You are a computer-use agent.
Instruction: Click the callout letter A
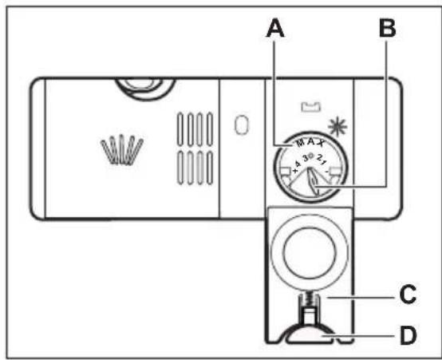[275, 28]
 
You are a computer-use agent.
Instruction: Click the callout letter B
[387, 28]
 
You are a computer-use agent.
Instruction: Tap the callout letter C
[408, 295]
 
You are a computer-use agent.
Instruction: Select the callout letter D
[408, 335]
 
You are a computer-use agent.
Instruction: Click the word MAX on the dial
[310, 143]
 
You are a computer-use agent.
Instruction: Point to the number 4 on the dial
[298, 164]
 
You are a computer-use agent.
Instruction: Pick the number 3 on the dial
[306, 157]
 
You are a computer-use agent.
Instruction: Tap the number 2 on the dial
[320, 157]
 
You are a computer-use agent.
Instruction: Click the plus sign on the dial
[294, 170]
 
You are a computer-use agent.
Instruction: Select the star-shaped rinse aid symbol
[337, 127]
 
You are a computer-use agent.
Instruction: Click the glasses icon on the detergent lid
[122, 149]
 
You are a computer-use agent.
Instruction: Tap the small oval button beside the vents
[242, 125]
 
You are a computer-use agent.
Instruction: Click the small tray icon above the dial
[311, 107]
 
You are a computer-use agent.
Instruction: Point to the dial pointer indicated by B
[313, 180]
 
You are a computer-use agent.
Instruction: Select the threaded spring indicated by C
[310, 300]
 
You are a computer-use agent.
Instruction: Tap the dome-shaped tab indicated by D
[310, 334]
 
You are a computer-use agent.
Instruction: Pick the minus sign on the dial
[326, 171]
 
